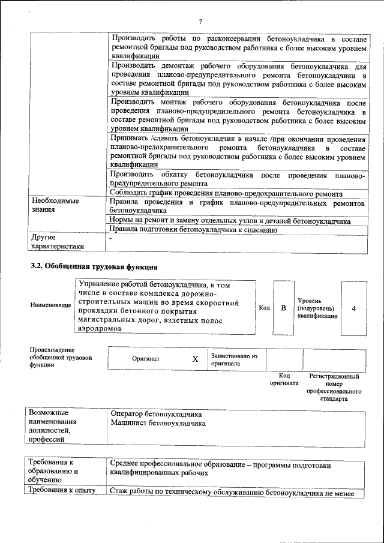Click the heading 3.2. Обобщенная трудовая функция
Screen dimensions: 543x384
point(94,266)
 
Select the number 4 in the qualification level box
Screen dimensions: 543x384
point(354,308)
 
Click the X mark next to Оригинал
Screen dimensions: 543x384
point(195,359)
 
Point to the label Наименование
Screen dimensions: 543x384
point(50,305)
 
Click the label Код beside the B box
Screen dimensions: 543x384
point(264,308)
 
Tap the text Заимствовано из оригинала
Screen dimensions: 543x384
point(234,359)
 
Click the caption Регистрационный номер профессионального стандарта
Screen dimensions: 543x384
point(334,387)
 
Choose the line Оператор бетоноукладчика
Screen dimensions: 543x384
point(156,414)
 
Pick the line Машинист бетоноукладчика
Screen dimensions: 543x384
point(158,423)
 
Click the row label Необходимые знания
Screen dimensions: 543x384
point(55,206)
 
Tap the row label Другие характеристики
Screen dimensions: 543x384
point(57,242)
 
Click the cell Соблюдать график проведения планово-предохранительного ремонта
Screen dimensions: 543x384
point(226,193)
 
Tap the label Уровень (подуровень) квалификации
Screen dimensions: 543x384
point(316,308)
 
